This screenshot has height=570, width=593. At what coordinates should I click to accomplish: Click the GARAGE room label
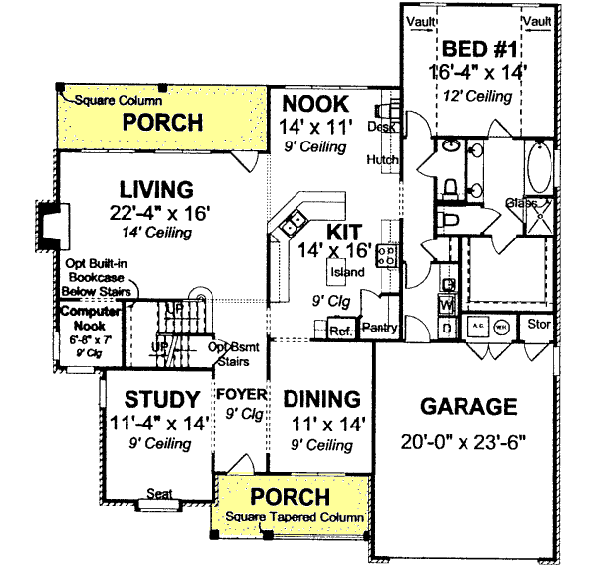[468, 407]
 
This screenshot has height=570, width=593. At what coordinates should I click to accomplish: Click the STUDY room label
[161, 400]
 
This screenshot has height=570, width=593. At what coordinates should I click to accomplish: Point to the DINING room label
[320, 399]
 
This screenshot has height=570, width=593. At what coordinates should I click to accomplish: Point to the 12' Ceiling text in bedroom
[478, 96]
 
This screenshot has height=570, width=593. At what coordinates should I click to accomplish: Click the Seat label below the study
[160, 493]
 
